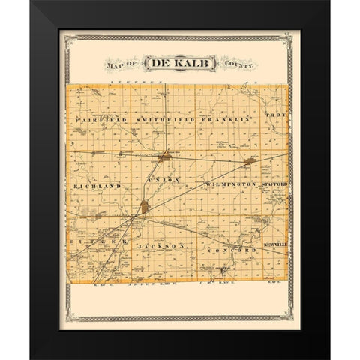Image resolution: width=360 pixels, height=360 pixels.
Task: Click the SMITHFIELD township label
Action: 166,119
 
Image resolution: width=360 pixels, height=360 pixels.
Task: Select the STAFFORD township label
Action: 275,182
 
